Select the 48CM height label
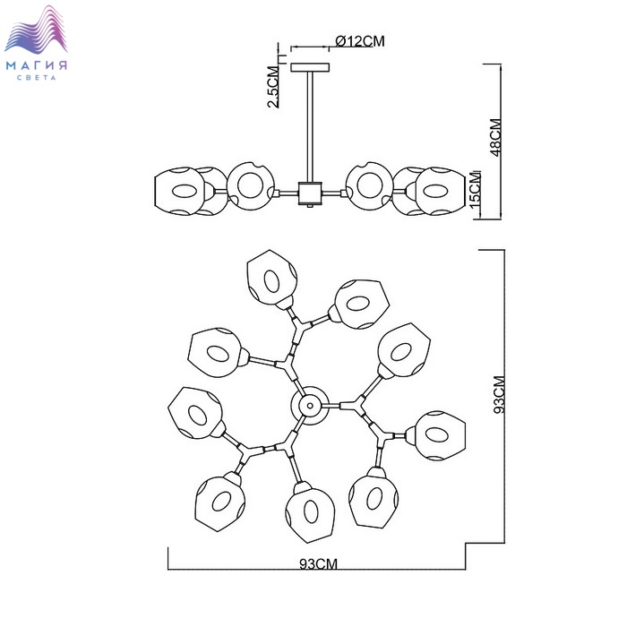click(x=495, y=137)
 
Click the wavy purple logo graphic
click(x=40, y=31)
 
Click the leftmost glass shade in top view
click(x=194, y=412)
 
